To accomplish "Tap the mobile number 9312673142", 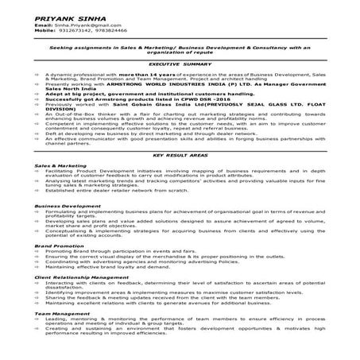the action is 70,31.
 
